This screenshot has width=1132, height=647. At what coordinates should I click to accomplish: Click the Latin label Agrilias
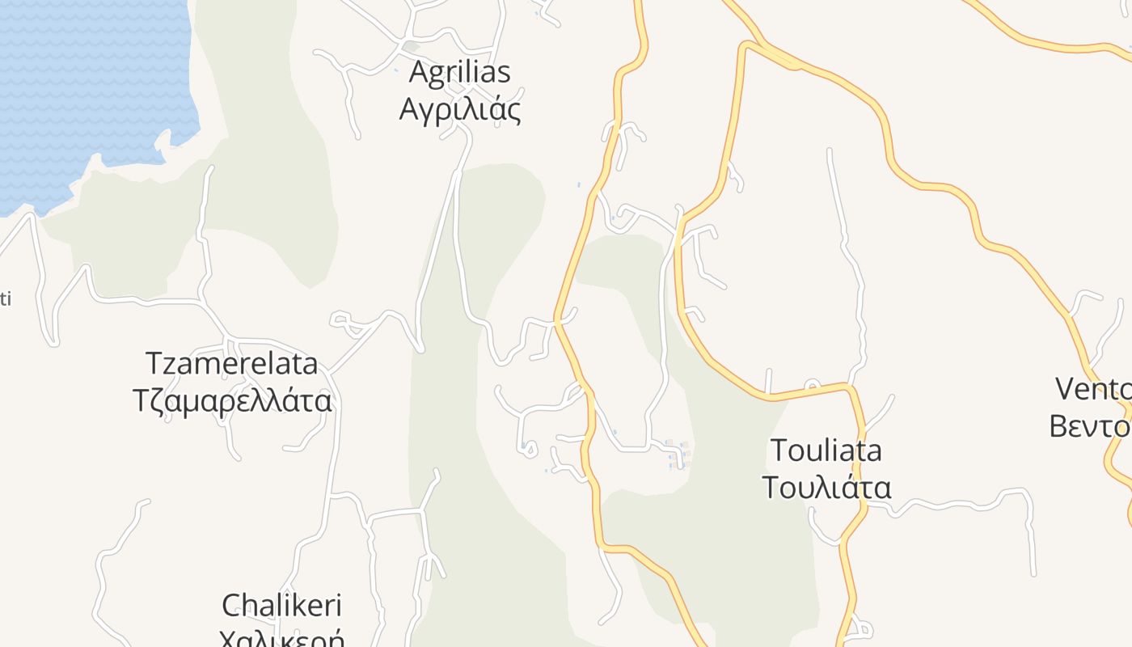(459, 72)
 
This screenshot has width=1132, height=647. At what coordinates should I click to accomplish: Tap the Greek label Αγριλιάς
(459, 108)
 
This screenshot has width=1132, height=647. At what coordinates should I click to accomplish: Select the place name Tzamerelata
(232, 364)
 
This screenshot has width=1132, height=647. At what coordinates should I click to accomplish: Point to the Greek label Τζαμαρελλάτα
(232, 400)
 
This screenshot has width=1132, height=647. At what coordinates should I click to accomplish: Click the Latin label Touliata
(826, 450)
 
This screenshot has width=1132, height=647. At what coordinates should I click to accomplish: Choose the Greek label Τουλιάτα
(826, 488)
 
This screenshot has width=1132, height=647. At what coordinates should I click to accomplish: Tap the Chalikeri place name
(281, 605)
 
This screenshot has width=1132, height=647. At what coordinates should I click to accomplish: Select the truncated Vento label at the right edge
(1093, 389)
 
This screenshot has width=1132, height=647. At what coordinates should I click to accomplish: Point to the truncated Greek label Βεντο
(1090, 425)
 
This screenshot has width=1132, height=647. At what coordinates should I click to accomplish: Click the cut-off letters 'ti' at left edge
(5, 299)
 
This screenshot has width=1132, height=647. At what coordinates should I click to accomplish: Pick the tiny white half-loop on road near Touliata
(813, 384)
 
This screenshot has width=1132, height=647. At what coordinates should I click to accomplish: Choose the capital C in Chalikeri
(232, 605)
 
